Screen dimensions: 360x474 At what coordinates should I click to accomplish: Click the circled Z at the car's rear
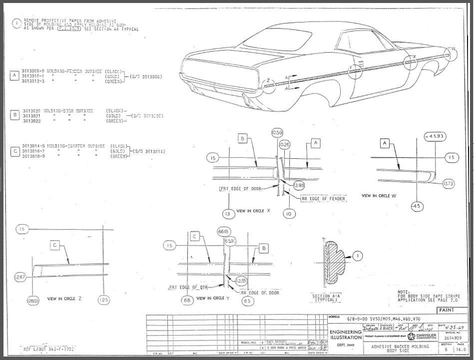point(268,81)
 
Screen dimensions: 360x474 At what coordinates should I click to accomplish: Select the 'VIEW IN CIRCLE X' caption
point(253,211)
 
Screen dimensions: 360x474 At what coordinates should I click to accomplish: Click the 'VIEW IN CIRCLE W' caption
point(379,196)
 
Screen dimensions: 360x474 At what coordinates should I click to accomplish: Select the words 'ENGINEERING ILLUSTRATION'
point(345,335)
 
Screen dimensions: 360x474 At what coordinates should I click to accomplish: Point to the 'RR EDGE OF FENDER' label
point(323,198)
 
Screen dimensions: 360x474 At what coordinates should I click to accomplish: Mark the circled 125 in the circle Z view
point(103,300)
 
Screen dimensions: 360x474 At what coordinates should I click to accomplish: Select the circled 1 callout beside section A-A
point(358,256)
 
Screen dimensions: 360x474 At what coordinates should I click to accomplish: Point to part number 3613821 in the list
point(32,115)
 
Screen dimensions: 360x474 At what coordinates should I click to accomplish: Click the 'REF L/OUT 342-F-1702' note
point(48,349)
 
